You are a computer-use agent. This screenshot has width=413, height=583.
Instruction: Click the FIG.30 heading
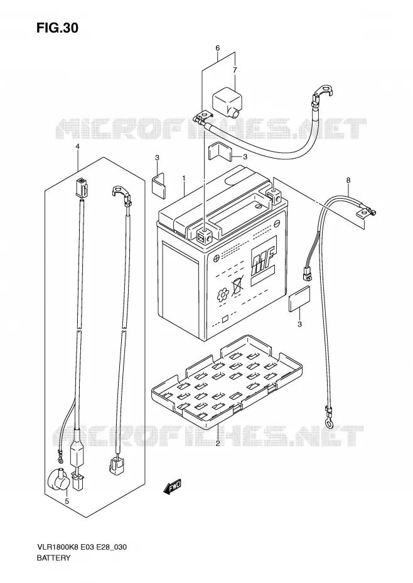[57, 28]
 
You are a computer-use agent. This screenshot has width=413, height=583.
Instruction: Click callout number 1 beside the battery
[184, 178]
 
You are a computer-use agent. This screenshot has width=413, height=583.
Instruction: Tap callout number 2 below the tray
[218, 443]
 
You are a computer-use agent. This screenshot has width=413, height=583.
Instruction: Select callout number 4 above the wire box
[77, 147]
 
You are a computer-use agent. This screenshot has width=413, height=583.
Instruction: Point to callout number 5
[67, 502]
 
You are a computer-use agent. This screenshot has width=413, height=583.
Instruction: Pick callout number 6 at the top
[218, 48]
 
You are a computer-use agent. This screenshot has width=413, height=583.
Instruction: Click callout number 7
[235, 70]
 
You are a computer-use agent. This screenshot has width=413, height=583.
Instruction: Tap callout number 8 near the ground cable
[348, 181]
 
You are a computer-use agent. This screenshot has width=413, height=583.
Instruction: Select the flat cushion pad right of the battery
[299, 299]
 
